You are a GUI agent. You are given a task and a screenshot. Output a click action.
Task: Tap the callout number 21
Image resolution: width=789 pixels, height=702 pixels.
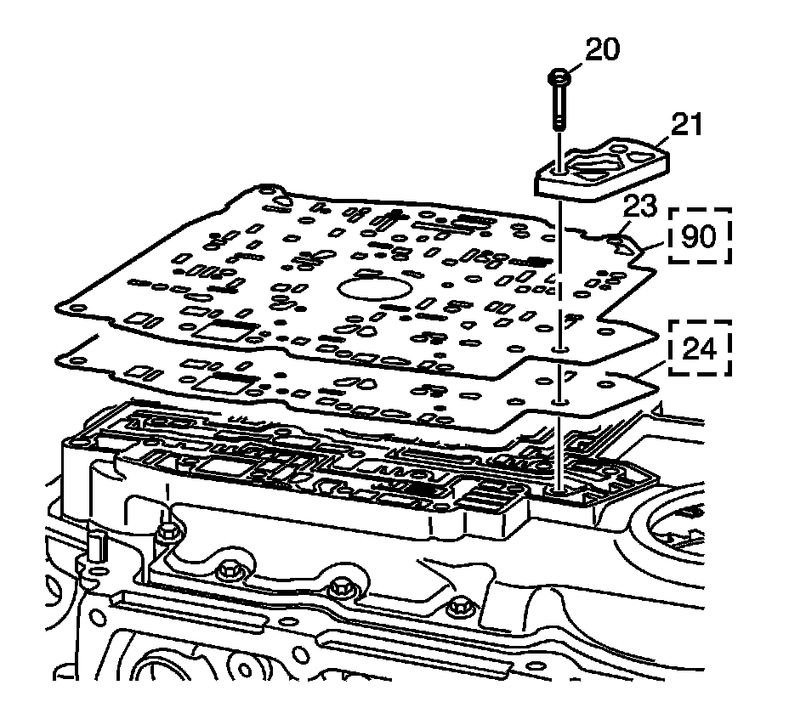686,125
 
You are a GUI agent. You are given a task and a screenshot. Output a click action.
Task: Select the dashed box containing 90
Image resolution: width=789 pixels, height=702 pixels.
700,235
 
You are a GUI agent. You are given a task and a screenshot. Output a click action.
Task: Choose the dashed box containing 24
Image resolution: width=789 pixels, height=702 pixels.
699,347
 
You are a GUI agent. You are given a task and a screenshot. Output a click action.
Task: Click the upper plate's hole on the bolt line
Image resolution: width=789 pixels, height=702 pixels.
560,349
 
